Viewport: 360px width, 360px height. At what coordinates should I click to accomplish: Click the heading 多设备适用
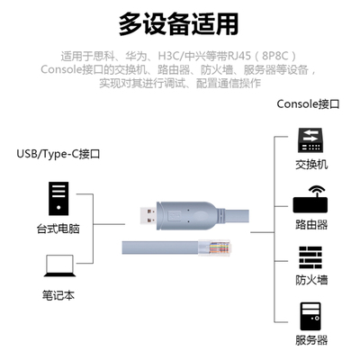180,21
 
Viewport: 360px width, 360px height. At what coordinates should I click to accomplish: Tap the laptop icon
58,265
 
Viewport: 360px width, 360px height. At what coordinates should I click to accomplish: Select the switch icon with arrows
311,140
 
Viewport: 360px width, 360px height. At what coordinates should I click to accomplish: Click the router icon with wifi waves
311,199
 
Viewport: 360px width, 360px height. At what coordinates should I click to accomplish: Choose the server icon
311,315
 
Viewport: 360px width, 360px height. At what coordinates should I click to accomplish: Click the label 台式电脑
58,228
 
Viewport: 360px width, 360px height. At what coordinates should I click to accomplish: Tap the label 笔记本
58,293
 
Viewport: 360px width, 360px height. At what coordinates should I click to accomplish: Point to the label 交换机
311,166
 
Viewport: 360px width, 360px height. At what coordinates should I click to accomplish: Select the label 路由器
311,224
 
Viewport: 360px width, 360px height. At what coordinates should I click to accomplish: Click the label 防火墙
311,280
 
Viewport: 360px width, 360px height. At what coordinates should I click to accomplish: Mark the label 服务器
311,340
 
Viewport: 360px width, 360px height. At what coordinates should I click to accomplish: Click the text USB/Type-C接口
58,153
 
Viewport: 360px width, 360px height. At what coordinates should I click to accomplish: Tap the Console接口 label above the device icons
308,103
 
